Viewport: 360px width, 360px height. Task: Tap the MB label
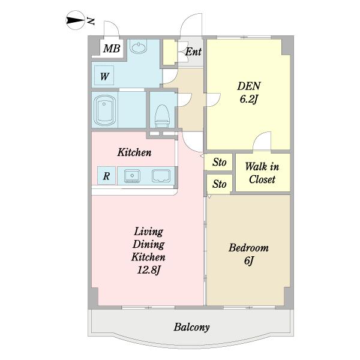pyautogui.click(x=112, y=49)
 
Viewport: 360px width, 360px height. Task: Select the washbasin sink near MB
pyautogui.click(x=138, y=47)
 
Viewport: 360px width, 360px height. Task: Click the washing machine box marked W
pyautogui.click(x=104, y=76)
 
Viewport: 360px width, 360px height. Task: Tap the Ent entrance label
pyautogui.click(x=193, y=52)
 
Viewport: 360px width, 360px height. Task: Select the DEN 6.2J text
pyautogui.click(x=249, y=92)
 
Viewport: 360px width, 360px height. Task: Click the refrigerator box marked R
pyautogui.click(x=106, y=175)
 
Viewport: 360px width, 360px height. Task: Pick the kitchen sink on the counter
pyautogui.click(x=132, y=176)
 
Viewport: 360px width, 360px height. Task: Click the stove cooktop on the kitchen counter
pyautogui.click(x=161, y=176)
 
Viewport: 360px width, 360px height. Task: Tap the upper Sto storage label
pyautogui.click(x=219, y=162)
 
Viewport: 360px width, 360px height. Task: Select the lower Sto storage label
pyautogui.click(x=219, y=184)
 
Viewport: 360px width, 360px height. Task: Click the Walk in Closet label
pyautogui.click(x=262, y=173)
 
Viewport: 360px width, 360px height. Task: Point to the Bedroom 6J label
pyautogui.click(x=248, y=254)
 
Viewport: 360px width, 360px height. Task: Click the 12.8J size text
pyautogui.click(x=148, y=270)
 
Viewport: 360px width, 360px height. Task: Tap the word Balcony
pyautogui.click(x=191, y=327)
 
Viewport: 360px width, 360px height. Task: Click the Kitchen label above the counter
pyautogui.click(x=134, y=152)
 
